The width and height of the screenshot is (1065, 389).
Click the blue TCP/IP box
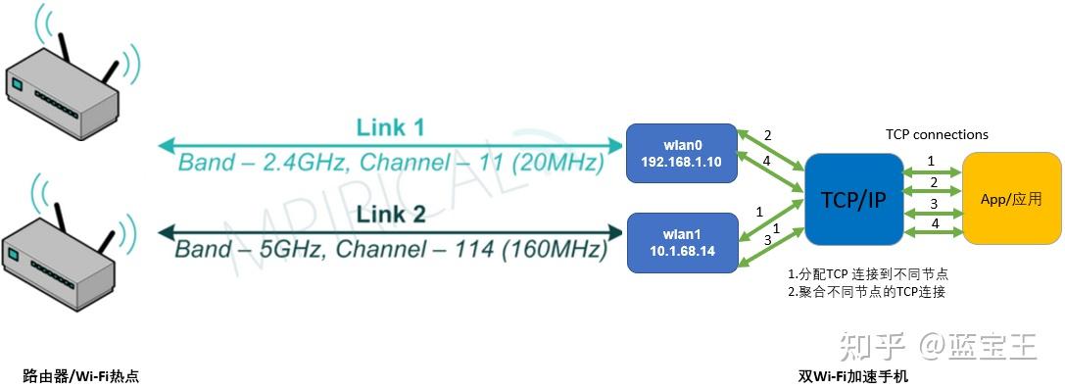(852, 199)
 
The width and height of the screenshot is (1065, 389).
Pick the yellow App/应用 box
(1012, 198)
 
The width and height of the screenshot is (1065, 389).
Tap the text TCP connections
(937, 135)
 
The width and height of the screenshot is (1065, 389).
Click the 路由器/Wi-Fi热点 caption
(81, 375)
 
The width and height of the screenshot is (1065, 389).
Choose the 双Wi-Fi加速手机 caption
(853, 375)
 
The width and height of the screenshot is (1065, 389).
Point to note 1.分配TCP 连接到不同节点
(868, 273)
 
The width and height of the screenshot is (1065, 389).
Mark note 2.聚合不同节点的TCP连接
(867, 291)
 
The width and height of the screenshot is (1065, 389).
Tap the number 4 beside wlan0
(768, 162)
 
